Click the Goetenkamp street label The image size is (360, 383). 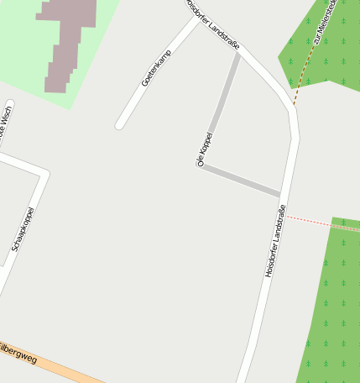pyautogui.click(x=157, y=68)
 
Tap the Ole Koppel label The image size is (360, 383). pyautogui.click(x=205, y=150)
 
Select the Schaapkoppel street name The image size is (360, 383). pyautogui.click(x=23, y=229)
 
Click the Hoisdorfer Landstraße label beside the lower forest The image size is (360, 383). pyautogui.click(x=275, y=241)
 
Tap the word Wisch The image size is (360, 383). pyautogui.click(x=6, y=121)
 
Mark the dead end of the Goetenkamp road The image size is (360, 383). pyautogui.click(x=120, y=125)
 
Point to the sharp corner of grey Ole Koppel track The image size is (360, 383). pyautogui.click(x=201, y=165)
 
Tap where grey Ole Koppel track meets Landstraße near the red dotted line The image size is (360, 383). pyautogui.click(x=280, y=195)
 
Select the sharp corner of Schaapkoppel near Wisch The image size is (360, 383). pyautogui.click(x=44, y=173)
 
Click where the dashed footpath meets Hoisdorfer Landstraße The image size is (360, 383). pyautogui.click(x=294, y=106)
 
